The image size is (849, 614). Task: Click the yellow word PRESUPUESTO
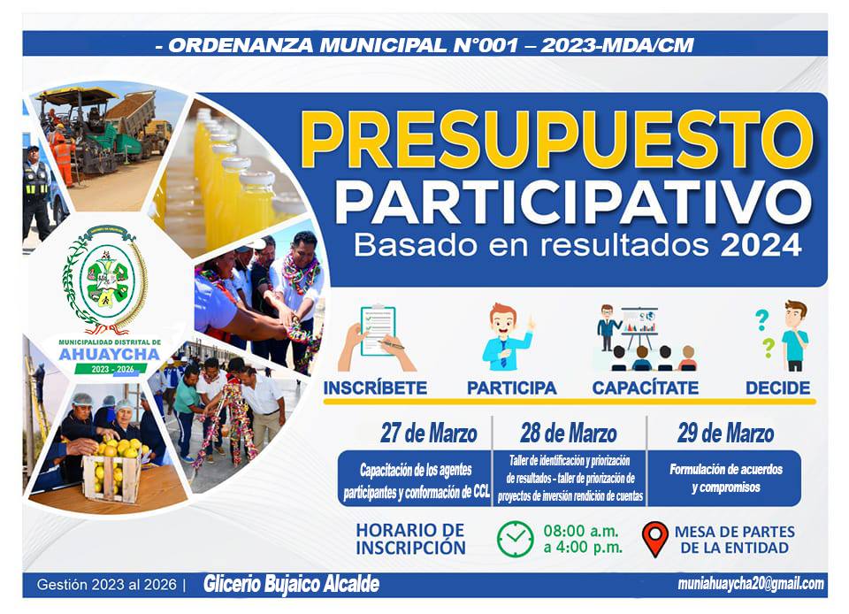click(x=556, y=140)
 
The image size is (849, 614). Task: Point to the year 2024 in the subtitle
click(x=761, y=245)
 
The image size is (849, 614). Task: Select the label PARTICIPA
click(x=512, y=388)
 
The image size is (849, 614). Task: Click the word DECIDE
click(x=777, y=388)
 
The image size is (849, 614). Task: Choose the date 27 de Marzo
click(x=428, y=434)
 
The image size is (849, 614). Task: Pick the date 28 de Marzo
click(x=569, y=434)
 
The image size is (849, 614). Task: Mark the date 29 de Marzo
click(x=725, y=434)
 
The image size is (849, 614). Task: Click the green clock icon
click(x=515, y=539)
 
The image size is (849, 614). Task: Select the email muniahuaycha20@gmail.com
click(x=751, y=584)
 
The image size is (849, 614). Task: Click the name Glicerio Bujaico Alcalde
click(x=291, y=584)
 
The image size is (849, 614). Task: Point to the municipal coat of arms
click(x=105, y=280)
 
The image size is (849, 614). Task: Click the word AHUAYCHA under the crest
click(x=110, y=355)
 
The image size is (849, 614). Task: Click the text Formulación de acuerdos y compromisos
click(x=725, y=478)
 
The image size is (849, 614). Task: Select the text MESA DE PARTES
click(x=735, y=531)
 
